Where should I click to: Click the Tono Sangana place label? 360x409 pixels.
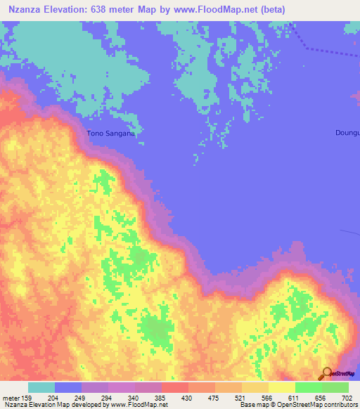point(110,132)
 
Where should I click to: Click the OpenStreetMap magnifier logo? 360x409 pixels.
point(327,374)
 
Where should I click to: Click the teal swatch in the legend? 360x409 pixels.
point(41,388)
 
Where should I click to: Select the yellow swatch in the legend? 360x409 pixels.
point(282,388)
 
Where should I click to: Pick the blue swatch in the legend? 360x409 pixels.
point(68,388)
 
